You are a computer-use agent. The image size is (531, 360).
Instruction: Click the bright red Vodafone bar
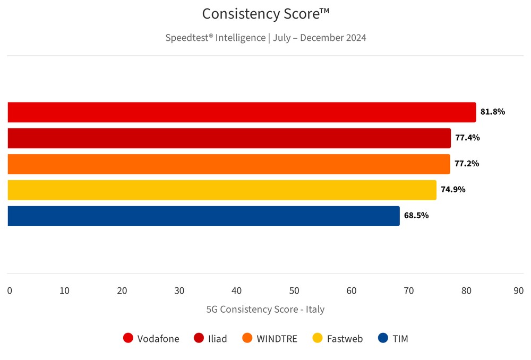pos(242,112)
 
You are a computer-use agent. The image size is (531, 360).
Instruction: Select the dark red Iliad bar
pos(229,138)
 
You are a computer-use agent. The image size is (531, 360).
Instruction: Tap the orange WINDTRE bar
pos(228,164)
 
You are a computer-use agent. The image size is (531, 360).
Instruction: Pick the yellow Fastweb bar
pos(222,190)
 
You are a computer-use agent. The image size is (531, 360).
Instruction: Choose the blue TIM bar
pos(203,216)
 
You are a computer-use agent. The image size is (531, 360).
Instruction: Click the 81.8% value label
pos(493,112)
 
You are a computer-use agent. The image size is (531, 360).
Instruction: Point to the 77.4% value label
pos(467,138)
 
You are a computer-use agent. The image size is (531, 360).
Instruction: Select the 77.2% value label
pos(467,164)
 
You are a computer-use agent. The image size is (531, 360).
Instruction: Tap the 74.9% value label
pos(453,190)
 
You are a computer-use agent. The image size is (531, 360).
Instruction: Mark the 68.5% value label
pos(416,216)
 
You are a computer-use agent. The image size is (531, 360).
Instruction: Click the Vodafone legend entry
pos(151,338)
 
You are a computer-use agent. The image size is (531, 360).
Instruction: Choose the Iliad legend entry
pos(211,338)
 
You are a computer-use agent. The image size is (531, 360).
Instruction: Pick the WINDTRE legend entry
pos(270,338)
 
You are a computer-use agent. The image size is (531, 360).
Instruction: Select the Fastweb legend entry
pos(338,338)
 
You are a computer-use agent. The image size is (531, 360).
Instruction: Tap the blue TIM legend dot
pos(383,338)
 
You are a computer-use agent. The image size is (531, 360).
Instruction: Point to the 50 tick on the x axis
pos(294,291)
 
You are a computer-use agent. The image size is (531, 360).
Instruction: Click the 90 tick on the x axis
pos(519,291)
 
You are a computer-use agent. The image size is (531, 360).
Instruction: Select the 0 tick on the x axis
pos(10,291)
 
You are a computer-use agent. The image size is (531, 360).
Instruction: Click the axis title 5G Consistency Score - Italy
pos(265,309)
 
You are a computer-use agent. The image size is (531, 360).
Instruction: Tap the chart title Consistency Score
pos(265,14)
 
